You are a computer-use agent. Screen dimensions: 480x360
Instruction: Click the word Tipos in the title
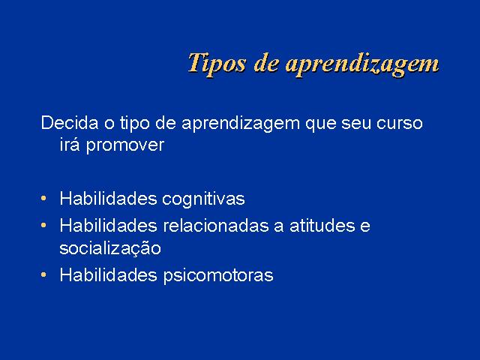coord(217,63)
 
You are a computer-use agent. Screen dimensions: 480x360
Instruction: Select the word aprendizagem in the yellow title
coord(363,64)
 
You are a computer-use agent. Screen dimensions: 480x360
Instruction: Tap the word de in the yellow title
coord(266,62)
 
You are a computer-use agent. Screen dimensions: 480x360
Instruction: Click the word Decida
coord(70,122)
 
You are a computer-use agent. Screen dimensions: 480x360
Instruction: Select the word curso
coord(400,125)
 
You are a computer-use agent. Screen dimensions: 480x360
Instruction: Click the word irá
coord(70,145)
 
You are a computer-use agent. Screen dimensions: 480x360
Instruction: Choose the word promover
coord(125,146)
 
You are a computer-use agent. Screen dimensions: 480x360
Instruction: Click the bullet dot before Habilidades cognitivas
coord(43,198)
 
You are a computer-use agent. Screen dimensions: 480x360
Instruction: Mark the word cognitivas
coord(203,199)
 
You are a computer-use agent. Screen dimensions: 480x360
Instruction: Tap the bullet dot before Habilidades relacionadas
coord(43,225)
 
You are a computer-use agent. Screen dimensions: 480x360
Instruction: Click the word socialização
coord(110,248)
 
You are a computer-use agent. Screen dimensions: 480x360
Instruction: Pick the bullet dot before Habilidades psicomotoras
coord(43,275)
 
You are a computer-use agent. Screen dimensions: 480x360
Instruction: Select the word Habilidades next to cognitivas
coord(108,198)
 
